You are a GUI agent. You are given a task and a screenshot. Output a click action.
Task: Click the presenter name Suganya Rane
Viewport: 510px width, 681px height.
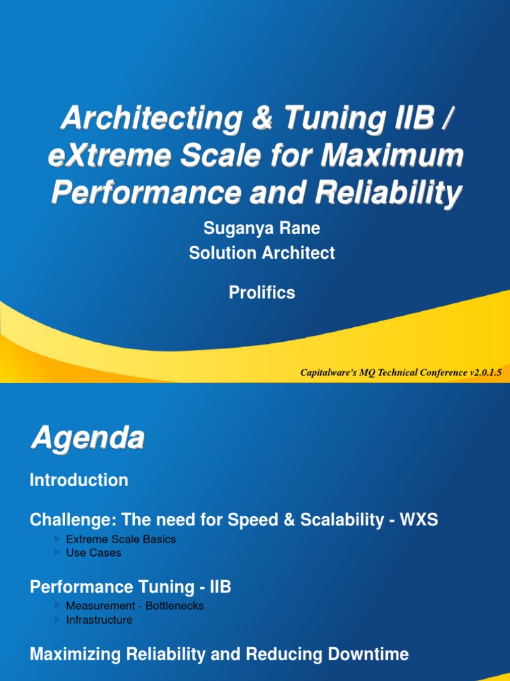262,228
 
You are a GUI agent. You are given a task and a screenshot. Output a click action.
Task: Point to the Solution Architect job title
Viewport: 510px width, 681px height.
262,253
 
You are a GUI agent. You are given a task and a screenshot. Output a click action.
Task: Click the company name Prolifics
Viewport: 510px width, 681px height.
262,293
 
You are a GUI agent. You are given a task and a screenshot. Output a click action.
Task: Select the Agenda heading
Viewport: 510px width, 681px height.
87,439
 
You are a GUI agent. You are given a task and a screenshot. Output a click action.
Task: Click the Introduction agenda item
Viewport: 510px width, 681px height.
79,480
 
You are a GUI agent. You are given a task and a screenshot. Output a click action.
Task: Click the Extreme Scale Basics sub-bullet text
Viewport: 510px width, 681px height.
121,539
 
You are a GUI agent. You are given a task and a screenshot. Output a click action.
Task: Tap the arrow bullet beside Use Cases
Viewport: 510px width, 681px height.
58,553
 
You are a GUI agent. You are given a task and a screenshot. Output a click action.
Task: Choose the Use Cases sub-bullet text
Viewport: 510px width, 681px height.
94,553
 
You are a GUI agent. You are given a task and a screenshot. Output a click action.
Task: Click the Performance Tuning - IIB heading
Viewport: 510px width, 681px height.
131,587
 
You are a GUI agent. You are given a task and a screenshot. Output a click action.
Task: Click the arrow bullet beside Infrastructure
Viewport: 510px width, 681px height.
58,620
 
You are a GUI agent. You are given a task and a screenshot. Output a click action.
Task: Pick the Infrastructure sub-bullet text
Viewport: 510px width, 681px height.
99,620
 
